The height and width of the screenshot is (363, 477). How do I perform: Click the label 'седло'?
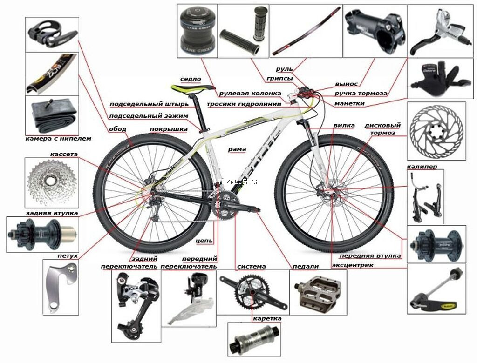[x=190, y=79]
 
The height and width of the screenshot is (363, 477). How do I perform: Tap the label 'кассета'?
[x=64, y=154]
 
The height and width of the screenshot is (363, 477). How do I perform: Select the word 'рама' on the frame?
[x=237, y=149]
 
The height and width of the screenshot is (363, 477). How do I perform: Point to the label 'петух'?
[x=68, y=255]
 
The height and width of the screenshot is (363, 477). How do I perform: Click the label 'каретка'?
[x=267, y=318]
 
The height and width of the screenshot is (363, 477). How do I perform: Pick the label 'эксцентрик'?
[x=353, y=265]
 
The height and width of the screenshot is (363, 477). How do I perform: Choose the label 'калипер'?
[x=422, y=166]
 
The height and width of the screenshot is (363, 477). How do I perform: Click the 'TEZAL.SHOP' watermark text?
[x=238, y=182]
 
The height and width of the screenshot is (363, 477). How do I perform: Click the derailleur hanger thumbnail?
[x=61, y=286]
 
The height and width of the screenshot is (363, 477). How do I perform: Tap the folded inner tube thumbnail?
[x=52, y=117]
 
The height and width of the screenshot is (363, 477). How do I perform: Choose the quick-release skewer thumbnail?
[x=436, y=290]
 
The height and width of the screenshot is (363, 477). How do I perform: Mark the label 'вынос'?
[x=347, y=84]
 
